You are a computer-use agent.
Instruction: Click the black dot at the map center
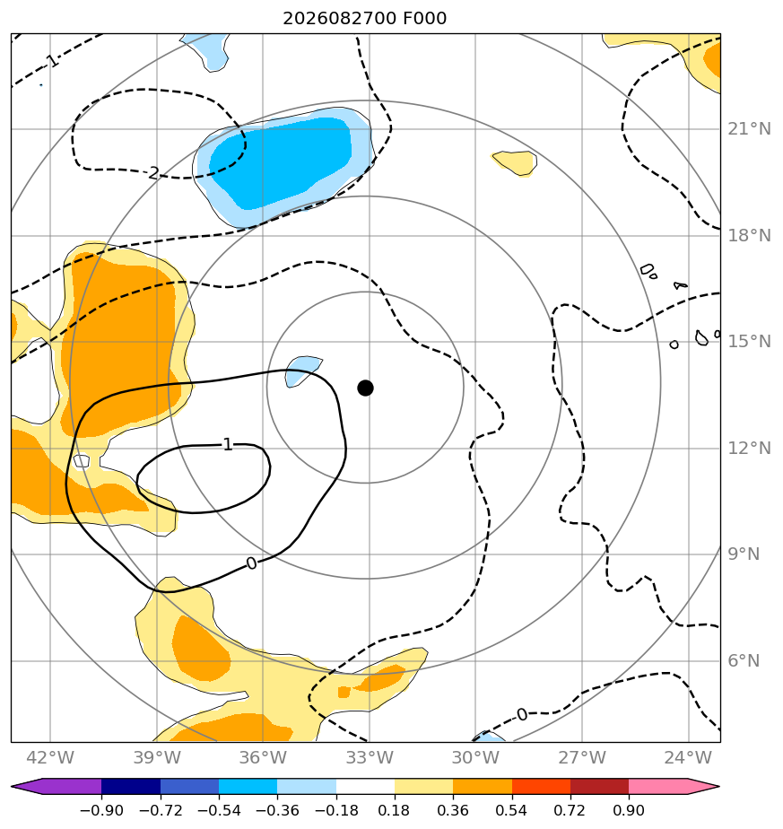pos(365,388)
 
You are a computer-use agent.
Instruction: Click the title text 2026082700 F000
pos(365,19)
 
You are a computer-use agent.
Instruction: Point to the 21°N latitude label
pos(749,129)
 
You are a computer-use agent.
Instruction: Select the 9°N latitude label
pos(744,554)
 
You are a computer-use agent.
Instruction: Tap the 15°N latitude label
pos(749,342)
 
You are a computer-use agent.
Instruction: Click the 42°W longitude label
pos(50,757)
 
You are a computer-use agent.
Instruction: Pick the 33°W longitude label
pos(370,757)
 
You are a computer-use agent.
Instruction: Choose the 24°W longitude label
pos(688,757)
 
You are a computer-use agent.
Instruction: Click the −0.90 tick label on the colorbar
pos(101,810)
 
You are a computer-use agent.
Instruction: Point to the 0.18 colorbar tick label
pos(395,810)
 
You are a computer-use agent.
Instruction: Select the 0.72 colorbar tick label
pos(570,810)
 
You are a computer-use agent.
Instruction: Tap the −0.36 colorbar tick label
pos(277,810)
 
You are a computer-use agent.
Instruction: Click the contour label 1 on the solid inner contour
pos(228,445)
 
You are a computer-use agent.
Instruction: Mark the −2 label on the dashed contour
pos(152,173)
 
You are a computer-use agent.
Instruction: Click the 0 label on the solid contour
pos(252,563)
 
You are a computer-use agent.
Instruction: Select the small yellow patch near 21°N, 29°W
pos(516,161)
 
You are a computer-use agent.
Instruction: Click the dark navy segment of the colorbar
pos(131,786)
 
